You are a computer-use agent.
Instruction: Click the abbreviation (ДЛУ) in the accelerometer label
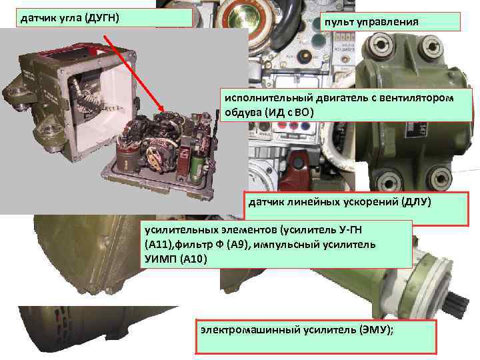416,201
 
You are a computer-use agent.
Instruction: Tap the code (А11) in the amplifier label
158,245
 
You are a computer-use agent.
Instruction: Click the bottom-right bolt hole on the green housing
441,176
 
